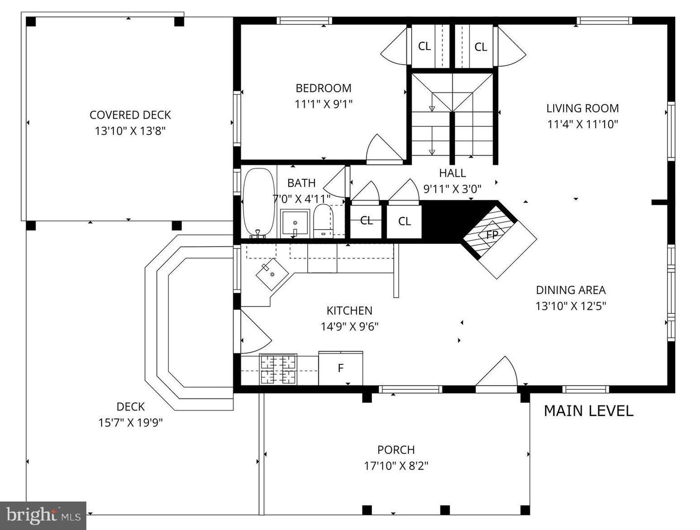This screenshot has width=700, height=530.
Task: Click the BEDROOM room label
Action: click(x=323, y=88)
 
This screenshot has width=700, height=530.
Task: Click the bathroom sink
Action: click(x=295, y=223)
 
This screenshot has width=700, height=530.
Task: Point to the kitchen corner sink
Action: click(x=272, y=274)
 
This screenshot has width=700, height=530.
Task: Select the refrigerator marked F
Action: click(x=341, y=368)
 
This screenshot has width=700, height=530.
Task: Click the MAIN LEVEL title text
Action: click(x=588, y=411)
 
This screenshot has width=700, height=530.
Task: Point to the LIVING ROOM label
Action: click(x=582, y=108)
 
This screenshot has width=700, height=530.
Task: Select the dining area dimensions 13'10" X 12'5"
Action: click(x=571, y=306)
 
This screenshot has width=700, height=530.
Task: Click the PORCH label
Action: click(x=396, y=450)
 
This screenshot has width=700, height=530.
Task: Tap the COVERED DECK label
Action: click(x=130, y=115)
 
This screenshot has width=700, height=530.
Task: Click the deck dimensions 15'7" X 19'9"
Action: click(x=130, y=423)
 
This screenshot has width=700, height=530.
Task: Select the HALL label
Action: click(x=452, y=173)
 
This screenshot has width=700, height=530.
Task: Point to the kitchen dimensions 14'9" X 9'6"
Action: click(x=350, y=326)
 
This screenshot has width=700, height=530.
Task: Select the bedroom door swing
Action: click(x=383, y=149)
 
